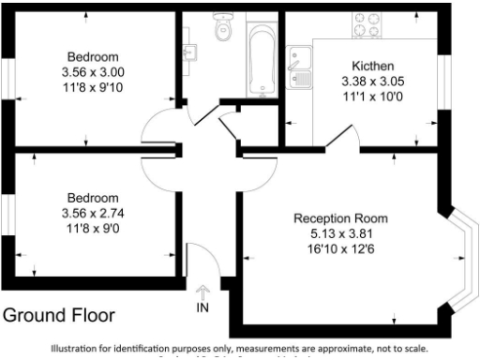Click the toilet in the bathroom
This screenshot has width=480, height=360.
[222, 30]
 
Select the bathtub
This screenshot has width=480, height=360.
[260, 56]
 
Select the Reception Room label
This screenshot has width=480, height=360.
[340, 218]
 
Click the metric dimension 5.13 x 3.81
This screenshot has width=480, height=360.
[340, 232]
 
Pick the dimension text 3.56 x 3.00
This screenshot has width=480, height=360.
[92, 71]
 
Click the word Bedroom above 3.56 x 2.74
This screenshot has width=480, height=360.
[92, 198]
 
